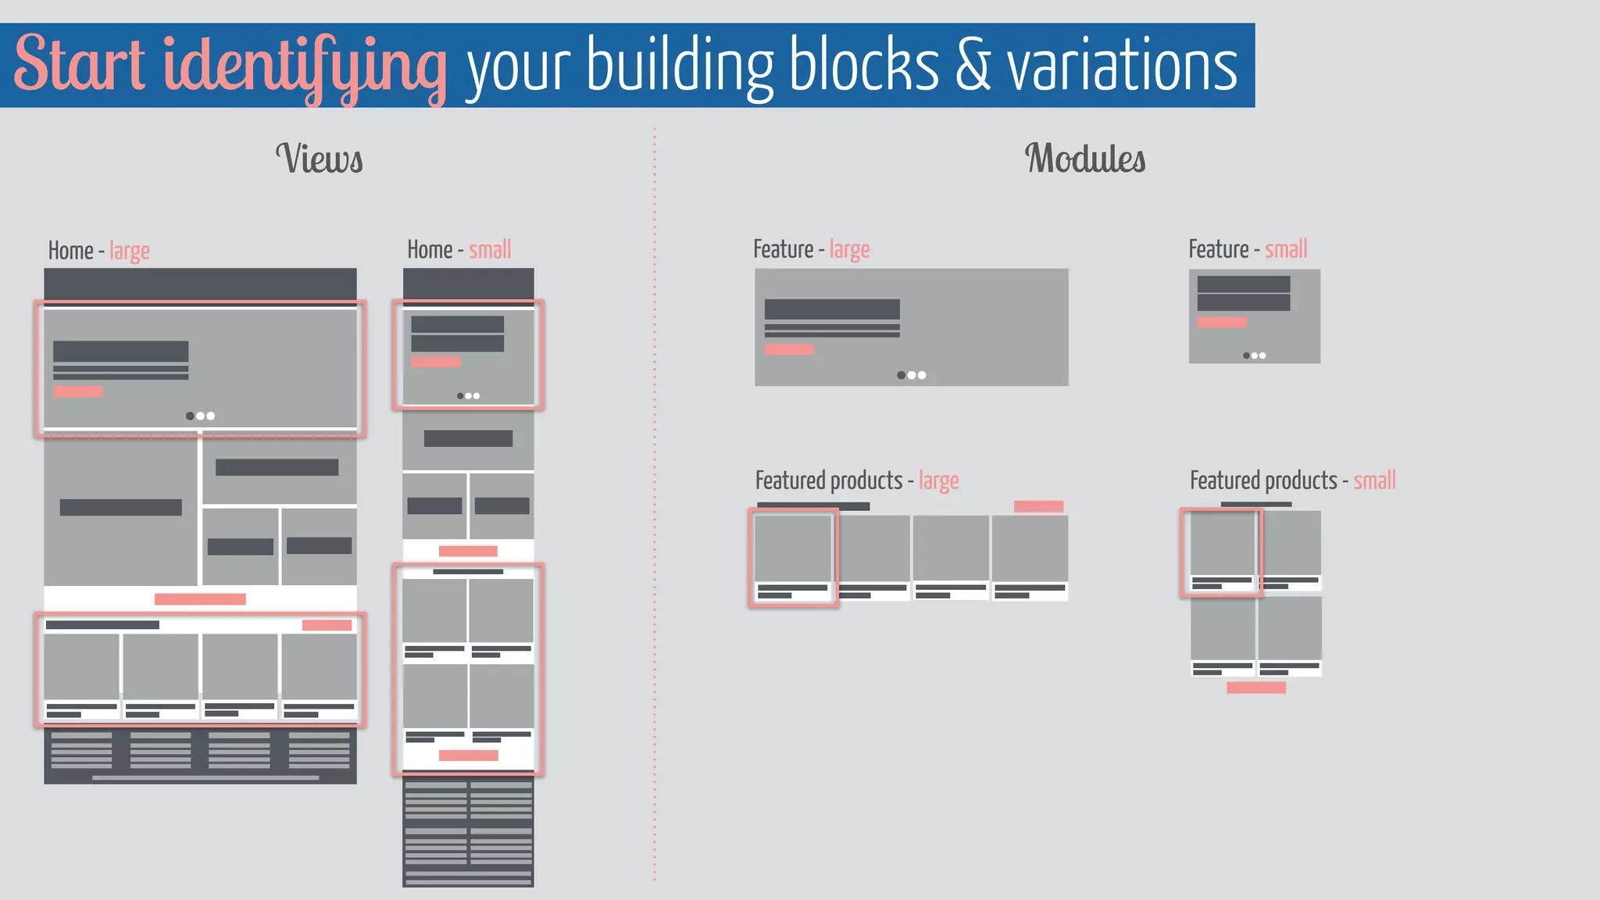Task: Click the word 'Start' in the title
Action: point(80,64)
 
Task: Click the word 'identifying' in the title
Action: point(305,66)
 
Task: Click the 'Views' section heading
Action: point(320,159)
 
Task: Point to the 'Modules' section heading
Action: point(1085,159)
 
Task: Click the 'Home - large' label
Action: point(98,251)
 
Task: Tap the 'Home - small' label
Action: point(459,250)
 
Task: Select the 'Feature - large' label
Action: point(811,249)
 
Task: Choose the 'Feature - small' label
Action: point(1248,249)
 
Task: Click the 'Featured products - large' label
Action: point(856,480)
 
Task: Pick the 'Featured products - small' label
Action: point(1292,480)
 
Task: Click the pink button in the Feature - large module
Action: point(789,349)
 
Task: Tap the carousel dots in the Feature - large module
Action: point(912,375)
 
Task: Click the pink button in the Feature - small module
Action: point(1222,322)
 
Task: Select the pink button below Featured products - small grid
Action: point(1256,687)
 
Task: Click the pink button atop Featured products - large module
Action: point(1038,506)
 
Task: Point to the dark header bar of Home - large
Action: point(200,284)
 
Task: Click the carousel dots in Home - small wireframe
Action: point(469,396)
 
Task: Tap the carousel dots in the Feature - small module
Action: point(1255,355)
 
